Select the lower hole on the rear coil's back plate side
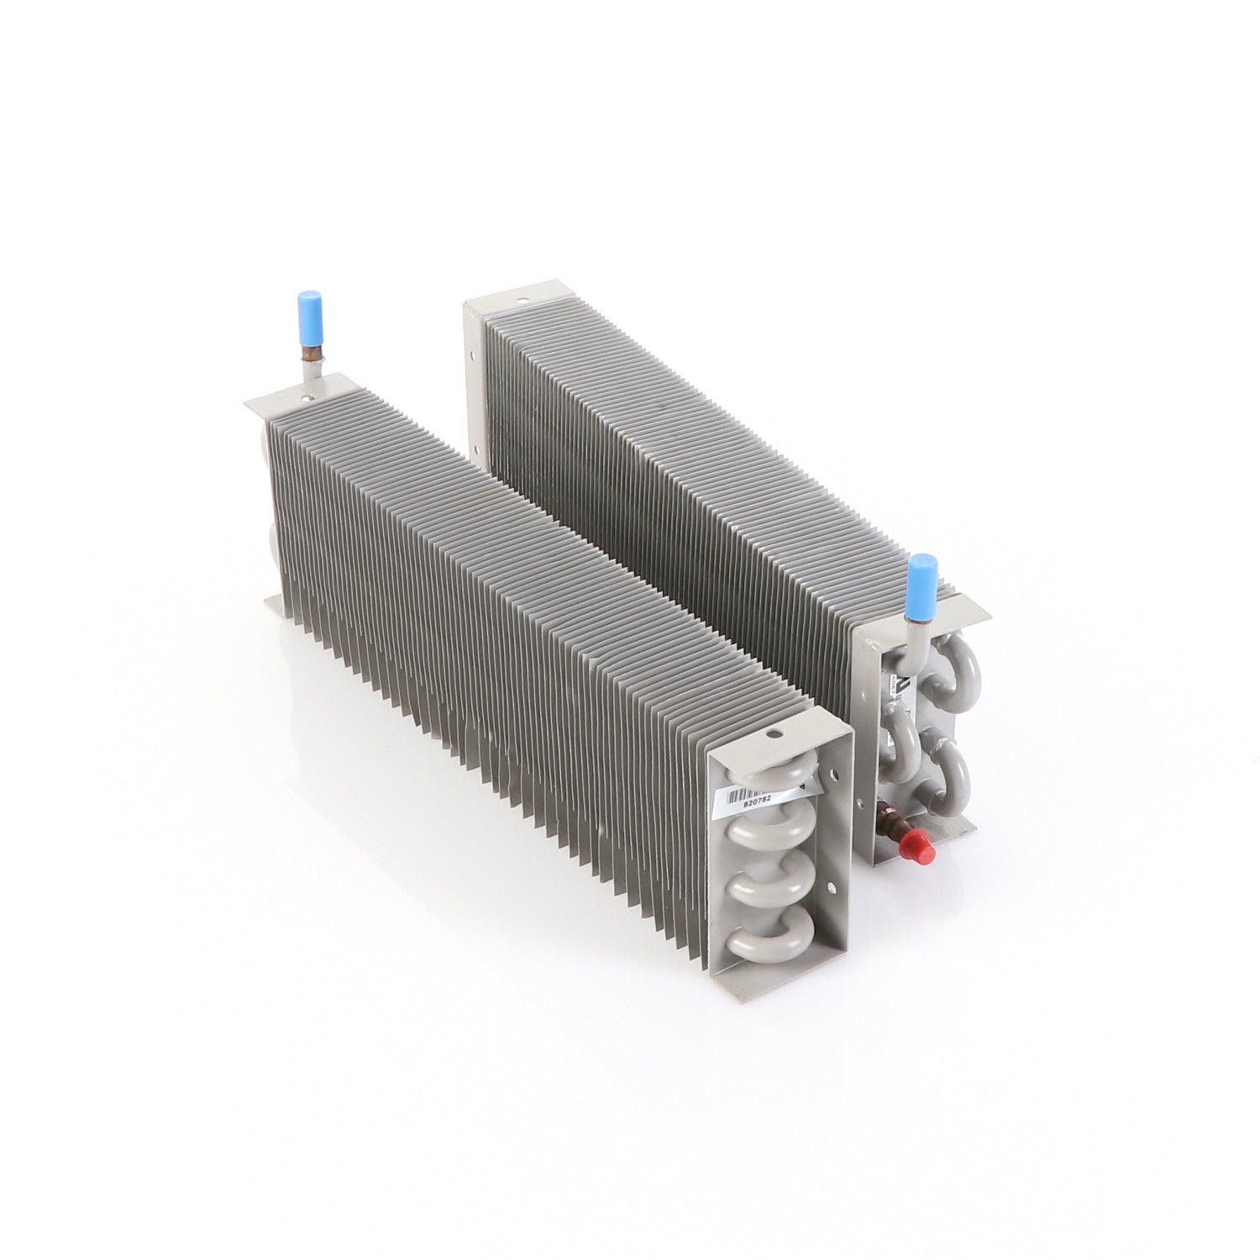(x=471, y=365)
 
